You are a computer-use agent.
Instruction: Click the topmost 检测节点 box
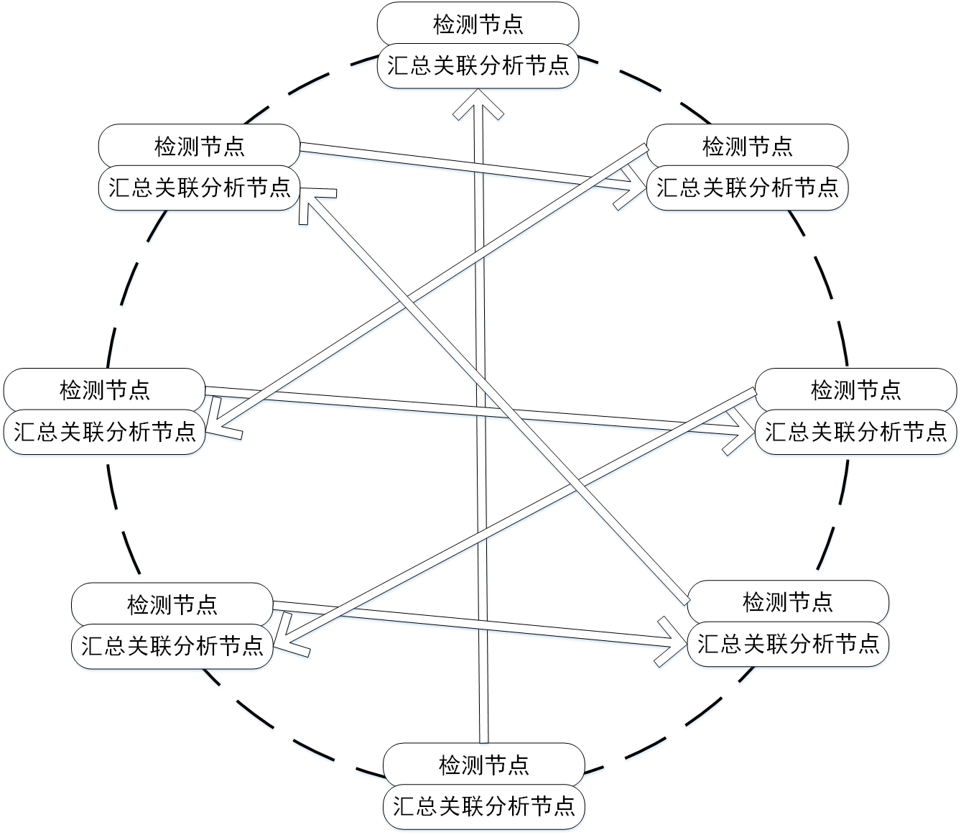click(x=478, y=24)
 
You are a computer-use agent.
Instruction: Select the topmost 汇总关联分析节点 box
click(x=478, y=66)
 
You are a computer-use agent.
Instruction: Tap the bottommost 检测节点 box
click(x=484, y=765)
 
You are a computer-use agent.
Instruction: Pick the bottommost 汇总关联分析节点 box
click(x=484, y=807)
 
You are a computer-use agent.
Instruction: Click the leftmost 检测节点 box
click(x=104, y=390)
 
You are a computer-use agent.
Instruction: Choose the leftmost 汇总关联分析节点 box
click(x=104, y=432)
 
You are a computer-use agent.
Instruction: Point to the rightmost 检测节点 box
click(x=856, y=390)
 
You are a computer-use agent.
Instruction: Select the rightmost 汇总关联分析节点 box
click(x=856, y=432)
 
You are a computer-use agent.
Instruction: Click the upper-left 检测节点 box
click(x=199, y=146)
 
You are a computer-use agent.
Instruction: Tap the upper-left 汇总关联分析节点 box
click(x=199, y=188)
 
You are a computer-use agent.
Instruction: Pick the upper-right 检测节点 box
click(x=747, y=146)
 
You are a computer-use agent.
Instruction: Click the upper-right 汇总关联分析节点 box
click(x=747, y=188)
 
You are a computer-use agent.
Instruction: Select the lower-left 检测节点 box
click(x=172, y=605)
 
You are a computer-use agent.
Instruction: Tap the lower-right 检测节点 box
click(x=788, y=602)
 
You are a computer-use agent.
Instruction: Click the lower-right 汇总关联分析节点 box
click(x=788, y=645)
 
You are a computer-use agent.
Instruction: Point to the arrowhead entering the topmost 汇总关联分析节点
click(x=478, y=104)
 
